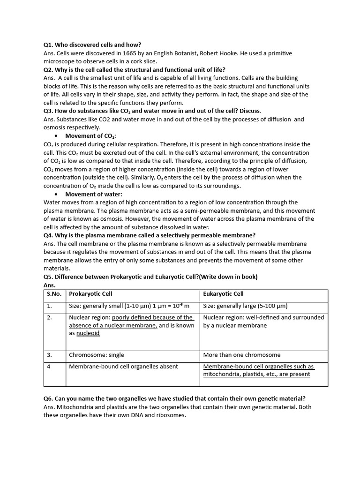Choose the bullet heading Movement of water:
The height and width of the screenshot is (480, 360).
pyautogui.click(x=93, y=194)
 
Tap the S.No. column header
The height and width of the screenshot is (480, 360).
pyautogui.click(x=54, y=294)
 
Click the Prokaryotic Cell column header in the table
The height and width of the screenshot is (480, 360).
pyautogui.click(x=90, y=294)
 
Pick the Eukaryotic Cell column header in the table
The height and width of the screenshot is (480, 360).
pyautogui.click(x=223, y=294)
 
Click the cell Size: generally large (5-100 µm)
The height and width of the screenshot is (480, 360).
pyautogui.click(x=245, y=306)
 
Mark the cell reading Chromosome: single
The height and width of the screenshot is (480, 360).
pyautogui.click(x=96, y=355)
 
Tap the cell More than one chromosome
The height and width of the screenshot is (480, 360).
pyautogui.click(x=241, y=355)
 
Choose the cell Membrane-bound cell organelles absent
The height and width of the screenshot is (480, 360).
pyautogui.click(x=123, y=367)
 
